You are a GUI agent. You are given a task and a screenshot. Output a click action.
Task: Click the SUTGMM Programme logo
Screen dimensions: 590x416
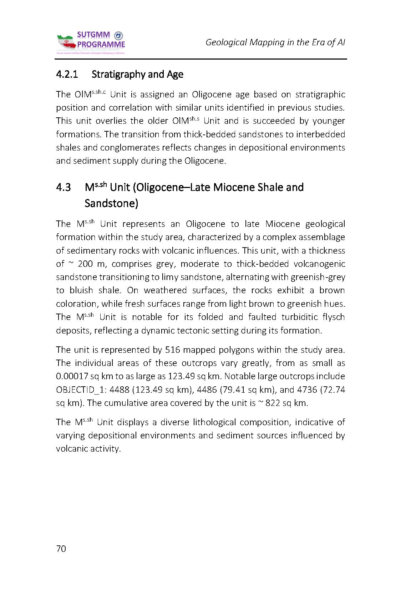coord(91,42)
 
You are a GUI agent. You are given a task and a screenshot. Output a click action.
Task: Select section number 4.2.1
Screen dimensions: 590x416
coord(67,75)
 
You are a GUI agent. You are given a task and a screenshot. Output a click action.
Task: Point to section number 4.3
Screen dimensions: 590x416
coord(63,187)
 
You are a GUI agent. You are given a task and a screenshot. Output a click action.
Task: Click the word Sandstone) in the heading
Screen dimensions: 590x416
coord(111,204)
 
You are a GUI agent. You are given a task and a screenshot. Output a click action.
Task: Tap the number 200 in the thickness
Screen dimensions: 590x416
coord(85,264)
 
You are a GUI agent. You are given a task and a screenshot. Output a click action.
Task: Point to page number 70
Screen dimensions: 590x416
coord(61,549)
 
